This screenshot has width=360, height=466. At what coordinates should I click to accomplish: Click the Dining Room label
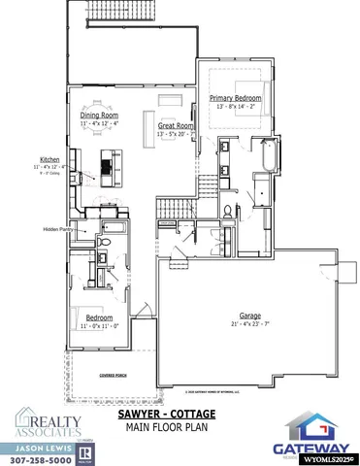pyautogui.click(x=98, y=116)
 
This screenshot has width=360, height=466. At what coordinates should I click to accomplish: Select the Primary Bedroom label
pyautogui.click(x=237, y=98)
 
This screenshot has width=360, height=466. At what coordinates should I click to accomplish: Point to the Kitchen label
pyautogui.click(x=49, y=160)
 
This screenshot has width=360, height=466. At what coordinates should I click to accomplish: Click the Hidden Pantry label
pyautogui.click(x=57, y=229)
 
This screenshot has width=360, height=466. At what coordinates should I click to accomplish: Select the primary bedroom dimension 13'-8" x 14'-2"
pyautogui.click(x=237, y=107)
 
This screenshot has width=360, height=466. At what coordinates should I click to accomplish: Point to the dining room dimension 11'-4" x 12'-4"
pyautogui.click(x=98, y=124)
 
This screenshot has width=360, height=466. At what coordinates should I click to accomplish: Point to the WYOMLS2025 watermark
pyautogui.click(x=328, y=457)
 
